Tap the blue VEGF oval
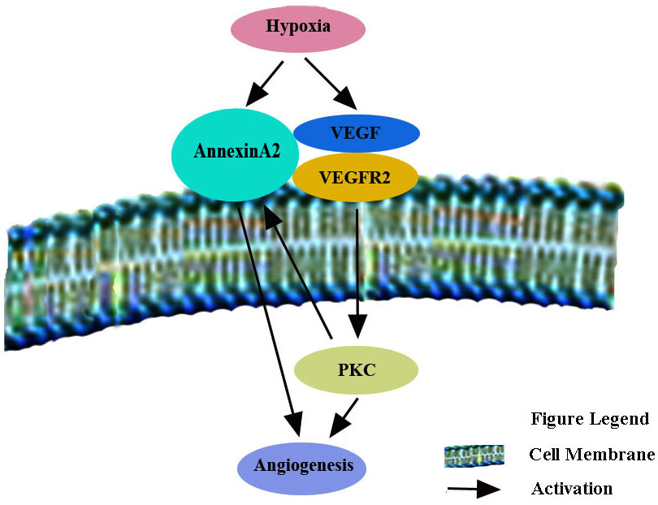(x=356, y=132)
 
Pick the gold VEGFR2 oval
(x=355, y=176)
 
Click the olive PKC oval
(x=357, y=371)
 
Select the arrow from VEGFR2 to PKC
(x=357, y=268)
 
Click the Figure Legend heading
(x=590, y=419)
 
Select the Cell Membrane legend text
(x=591, y=455)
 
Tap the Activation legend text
(x=572, y=488)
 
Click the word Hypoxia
(x=298, y=27)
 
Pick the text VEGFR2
(x=355, y=176)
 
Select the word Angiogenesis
(x=303, y=466)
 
